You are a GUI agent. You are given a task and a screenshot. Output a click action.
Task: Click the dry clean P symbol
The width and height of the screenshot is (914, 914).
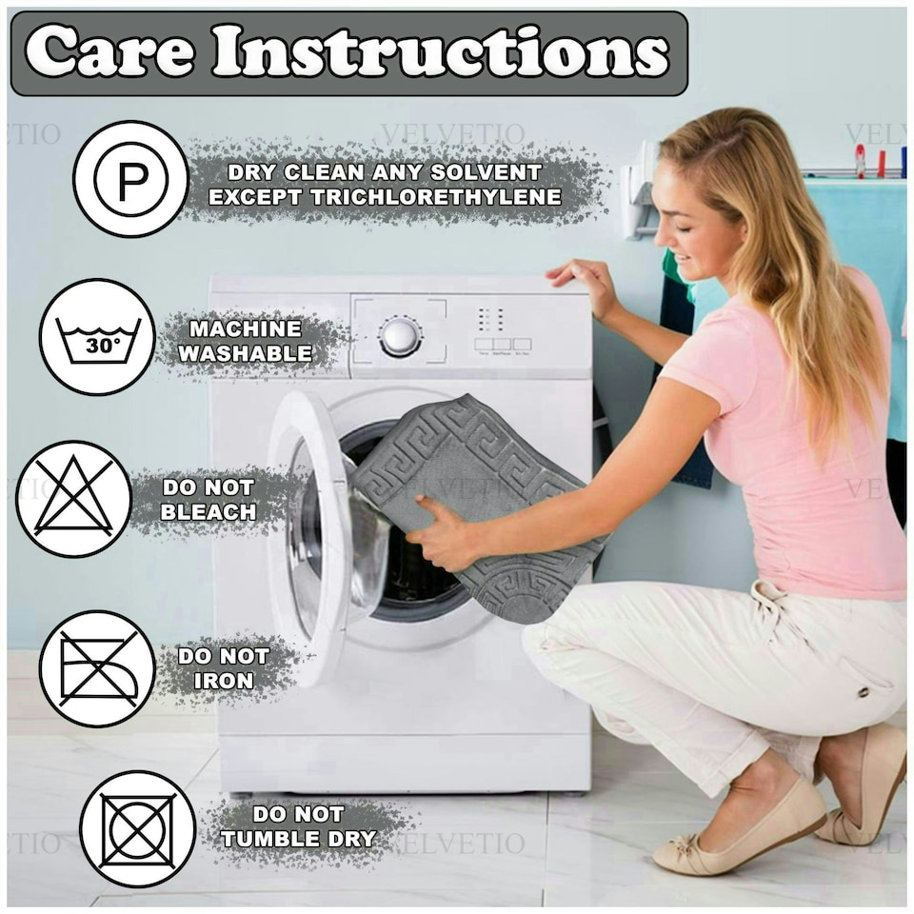pyautogui.click(x=130, y=179)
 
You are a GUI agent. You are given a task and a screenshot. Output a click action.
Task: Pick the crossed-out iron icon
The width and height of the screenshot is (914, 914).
pyautogui.click(x=97, y=668)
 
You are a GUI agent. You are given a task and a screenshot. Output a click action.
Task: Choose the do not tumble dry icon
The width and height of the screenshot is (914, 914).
pyautogui.click(x=137, y=829)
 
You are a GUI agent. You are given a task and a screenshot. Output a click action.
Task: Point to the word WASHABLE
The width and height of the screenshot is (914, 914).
pyautogui.click(x=245, y=353)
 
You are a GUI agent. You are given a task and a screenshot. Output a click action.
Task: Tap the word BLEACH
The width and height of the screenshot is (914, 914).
pyautogui.click(x=209, y=512)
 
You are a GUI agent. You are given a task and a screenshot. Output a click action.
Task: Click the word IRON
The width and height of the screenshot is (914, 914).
pyautogui.click(x=224, y=680)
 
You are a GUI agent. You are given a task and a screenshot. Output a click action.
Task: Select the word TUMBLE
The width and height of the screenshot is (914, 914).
pyautogui.click(x=270, y=839)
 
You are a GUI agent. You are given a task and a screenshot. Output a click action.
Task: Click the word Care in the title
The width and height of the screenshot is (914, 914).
pyautogui.click(x=109, y=52)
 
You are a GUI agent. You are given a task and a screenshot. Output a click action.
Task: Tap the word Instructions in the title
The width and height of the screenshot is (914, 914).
pyautogui.click(x=441, y=52)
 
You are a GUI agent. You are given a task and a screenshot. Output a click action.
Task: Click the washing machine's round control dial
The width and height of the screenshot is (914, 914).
pyautogui.click(x=399, y=337)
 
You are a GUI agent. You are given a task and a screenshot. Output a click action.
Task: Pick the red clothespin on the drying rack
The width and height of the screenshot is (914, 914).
pyautogui.click(x=861, y=159)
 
